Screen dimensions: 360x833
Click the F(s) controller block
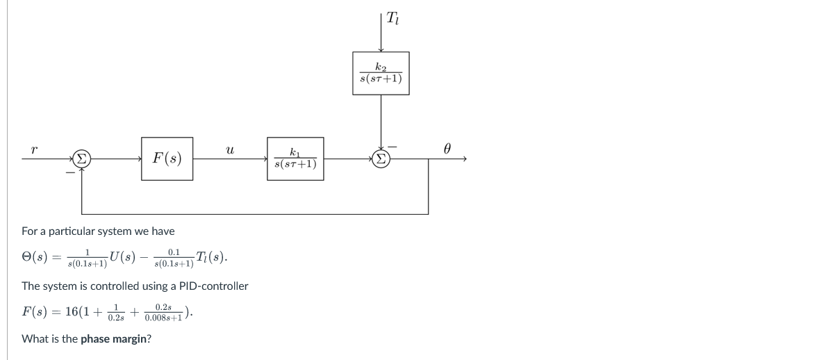tap(167, 158)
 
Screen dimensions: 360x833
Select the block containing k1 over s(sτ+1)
tap(295, 158)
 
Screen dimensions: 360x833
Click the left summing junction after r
tap(82, 158)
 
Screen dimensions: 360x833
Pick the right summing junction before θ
tap(381, 158)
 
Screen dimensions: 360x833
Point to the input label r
tap(34, 148)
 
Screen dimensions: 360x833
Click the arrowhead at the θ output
tap(463, 158)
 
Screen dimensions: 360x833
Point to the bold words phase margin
tap(115, 339)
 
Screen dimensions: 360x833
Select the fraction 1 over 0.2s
tap(117, 313)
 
